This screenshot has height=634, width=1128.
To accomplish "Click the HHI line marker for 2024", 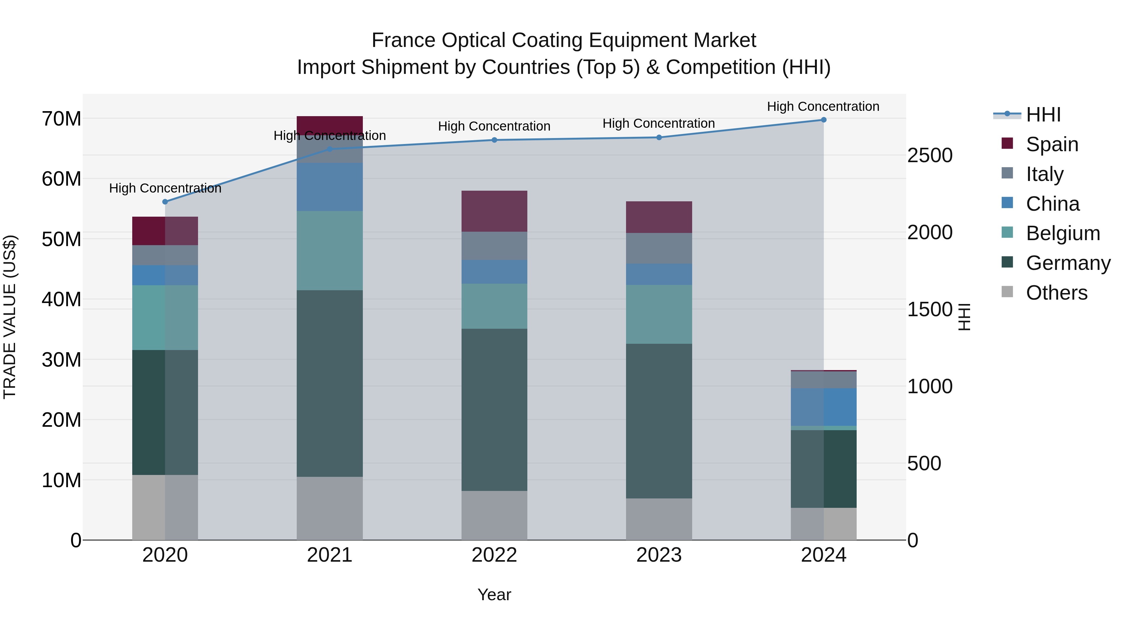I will click(x=823, y=120).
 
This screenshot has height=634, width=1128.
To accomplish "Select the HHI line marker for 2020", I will click(x=165, y=202).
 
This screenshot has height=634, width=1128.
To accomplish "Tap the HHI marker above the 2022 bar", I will click(x=494, y=140).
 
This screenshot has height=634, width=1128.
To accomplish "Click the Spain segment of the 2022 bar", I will click(x=494, y=211).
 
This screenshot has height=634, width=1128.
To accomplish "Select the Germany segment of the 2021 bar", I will click(x=330, y=383).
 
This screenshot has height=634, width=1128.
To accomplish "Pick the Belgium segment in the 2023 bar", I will click(x=659, y=314).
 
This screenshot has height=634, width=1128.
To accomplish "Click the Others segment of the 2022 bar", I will click(x=494, y=515).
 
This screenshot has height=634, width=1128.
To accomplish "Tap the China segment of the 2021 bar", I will click(x=330, y=187).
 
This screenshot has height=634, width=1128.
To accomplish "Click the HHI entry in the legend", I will click(x=1043, y=115).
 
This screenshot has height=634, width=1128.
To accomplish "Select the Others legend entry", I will click(x=1056, y=293).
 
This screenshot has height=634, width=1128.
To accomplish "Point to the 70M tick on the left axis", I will click(x=61, y=119).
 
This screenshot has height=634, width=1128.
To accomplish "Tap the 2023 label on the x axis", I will click(x=659, y=555).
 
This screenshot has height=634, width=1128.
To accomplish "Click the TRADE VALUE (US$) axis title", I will click(x=10, y=317).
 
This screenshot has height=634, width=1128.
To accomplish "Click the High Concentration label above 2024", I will click(x=823, y=106).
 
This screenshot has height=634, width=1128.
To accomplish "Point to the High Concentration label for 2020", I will click(x=165, y=188).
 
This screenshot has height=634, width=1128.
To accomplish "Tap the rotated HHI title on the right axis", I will click(x=964, y=317).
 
